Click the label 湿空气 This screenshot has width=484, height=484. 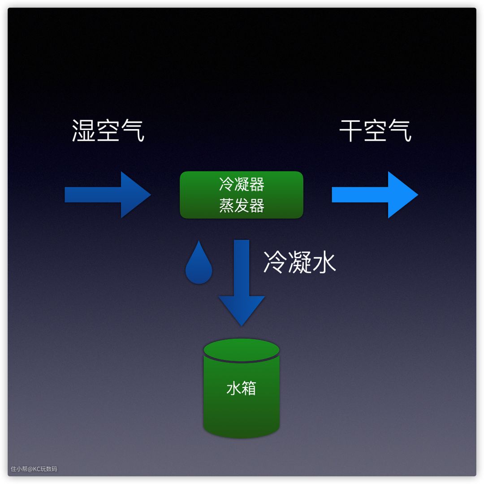coord(108,131)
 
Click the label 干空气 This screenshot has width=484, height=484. coord(375,131)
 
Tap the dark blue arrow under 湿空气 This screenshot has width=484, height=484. coord(108,195)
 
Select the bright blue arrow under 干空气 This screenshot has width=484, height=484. coord(375,195)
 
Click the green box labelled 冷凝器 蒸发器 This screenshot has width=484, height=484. coord(242,195)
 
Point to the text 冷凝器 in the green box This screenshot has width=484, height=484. coord(242,184)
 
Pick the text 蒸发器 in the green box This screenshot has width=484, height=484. coord(242,205)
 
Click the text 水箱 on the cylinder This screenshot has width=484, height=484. coord(242,388)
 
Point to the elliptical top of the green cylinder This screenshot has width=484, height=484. coord(242,350)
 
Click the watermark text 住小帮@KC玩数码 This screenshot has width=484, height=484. coord(34,469)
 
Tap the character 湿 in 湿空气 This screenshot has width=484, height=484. coord(84,131)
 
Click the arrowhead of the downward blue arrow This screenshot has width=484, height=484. coord(242,309)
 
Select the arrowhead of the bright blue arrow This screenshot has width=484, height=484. coord(402,195)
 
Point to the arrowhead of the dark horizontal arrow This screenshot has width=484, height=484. coord(134,195)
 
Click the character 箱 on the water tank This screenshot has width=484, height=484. coord(249,388)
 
